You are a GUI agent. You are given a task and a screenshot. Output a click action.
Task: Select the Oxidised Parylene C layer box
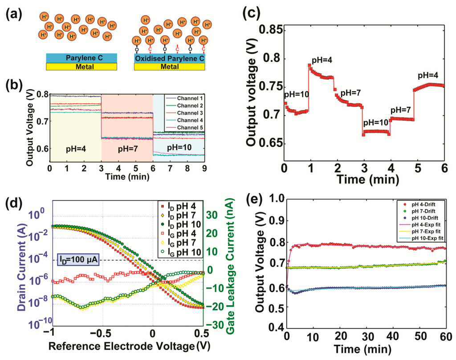[x=170, y=58]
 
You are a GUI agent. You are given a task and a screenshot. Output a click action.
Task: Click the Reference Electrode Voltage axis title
[x=121, y=345]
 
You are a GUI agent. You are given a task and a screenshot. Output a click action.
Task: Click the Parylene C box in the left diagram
[x=81, y=58]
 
